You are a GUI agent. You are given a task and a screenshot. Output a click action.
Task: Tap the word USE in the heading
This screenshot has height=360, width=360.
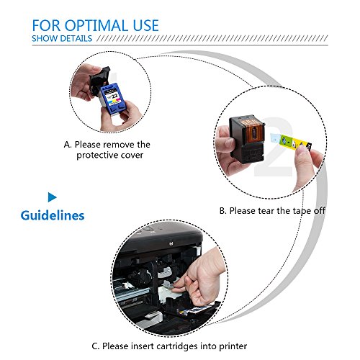click(146, 25)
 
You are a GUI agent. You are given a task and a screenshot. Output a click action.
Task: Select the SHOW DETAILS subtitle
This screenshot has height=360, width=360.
click(62, 38)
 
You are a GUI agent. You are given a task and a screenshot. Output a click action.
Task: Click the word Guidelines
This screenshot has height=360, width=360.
click(53, 215)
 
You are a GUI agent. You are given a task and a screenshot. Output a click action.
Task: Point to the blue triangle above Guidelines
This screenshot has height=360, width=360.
click(52, 197)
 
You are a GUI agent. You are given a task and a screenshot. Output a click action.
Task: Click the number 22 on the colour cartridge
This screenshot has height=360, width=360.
click(114, 96)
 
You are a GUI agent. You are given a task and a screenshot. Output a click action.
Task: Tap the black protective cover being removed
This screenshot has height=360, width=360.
click(99, 81)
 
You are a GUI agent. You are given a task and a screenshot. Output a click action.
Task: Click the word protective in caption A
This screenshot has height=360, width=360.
click(97, 156)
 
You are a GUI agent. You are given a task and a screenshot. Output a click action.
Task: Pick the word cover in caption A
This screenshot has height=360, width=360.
click(132, 156)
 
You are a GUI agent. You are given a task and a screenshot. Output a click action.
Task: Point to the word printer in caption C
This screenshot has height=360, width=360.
click(233, 346)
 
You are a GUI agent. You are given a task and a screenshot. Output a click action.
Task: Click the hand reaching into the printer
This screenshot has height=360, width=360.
click(200, 279)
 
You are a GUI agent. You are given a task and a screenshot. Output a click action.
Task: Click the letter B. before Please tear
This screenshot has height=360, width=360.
click(223, 211)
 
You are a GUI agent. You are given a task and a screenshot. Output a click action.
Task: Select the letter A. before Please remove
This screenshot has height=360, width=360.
click(68, 145)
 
